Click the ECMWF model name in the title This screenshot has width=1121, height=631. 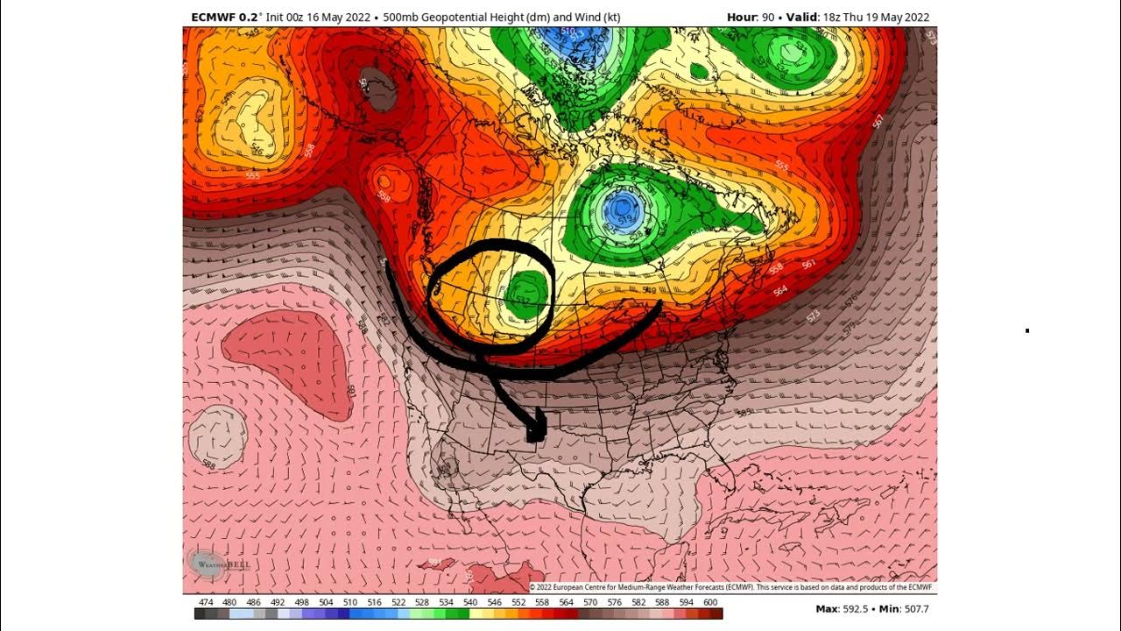point(213,17)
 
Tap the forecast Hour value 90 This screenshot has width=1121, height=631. point(768,17)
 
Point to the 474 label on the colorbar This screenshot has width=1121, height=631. point(206,602)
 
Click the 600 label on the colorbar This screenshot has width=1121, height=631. point(710,602)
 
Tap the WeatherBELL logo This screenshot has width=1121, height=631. point(218,564)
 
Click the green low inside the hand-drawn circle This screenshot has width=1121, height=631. point(525,291)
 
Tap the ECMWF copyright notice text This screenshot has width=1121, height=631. point(731,587)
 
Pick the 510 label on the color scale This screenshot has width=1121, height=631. point(348,602)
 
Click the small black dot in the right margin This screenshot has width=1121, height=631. point(1027,331)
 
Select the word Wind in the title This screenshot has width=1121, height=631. point(560,17)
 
